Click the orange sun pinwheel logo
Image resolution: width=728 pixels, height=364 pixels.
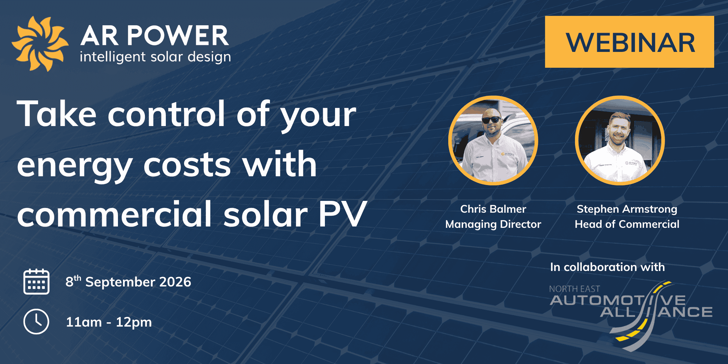click(x=40, y=44)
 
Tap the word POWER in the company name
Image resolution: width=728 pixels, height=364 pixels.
click(x=178, y=36)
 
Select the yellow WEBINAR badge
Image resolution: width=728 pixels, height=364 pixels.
click(x=629, y=42)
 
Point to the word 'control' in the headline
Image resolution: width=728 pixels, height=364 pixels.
click(x=166, y=114)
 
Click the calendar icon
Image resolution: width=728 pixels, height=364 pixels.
click(x=36, y=282)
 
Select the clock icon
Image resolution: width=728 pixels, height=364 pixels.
click(x=36, y=322)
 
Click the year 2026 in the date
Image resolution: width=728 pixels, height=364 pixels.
click(x=175, y=282)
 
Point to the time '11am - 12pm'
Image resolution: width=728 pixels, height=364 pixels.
click(x=109, y=322)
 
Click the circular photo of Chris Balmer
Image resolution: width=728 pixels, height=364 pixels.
click(x=493, y=141)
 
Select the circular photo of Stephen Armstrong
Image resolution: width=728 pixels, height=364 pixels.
click(x=620, y=141)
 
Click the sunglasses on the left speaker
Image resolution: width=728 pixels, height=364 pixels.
click(x=491, y=120)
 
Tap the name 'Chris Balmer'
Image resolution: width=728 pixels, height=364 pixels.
click(x=493, y=209)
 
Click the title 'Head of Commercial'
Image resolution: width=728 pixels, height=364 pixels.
click(x=627, y=224)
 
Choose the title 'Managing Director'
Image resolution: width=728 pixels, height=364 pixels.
click(x=493, y=224)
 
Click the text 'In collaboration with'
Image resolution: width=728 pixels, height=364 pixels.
click(x=607, y=267)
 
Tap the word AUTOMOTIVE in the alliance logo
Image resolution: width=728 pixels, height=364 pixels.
click(x=618, y=300)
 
